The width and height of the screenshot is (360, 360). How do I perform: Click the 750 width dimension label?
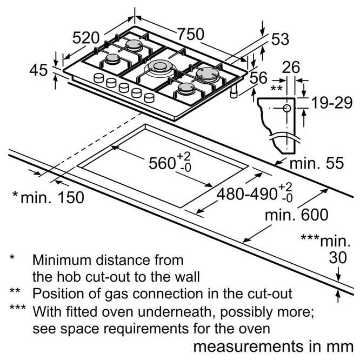pyautogui.click(x=191, y=34)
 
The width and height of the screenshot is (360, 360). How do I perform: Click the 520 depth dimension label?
pyautogui.click(x=86, y=38)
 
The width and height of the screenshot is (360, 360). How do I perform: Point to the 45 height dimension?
pyautogui.click(x=38, y=70)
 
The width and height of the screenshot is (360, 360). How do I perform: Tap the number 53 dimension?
pyautogui.click(x=280, y=39)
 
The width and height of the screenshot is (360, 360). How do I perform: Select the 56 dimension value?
pyautogui.click(x=258, y=77)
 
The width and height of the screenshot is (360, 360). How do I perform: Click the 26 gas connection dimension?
pyautogui.click(x=291, y=67)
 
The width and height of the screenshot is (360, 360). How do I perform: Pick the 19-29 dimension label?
pyautogui.click(x=332, y=103)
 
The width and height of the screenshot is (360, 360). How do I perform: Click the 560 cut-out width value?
pyautogui.click(x=162, y=163)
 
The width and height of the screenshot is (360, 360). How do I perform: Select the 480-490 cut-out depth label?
pyautogui.click(x=246, y=194)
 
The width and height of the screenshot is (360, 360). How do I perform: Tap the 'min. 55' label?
pyautogui.click(x=317, y=163)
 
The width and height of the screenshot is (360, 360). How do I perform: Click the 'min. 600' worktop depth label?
pyautogui.click(x=297, y=215)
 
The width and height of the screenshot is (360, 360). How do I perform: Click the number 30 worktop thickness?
pyautogui.click(x=338, y=257)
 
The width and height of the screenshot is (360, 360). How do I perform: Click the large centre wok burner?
pyautogui.click(x=159, y=68)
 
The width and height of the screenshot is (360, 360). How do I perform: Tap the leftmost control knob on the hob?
pyautogui.click(x=99, y=78)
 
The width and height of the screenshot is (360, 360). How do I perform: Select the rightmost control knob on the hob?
pyautogui.click(x=149, y=97)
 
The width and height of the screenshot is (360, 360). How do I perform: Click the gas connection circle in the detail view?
pyautogui.click(x=287, y=108)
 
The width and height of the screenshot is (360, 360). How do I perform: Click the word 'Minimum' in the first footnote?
pyautogui.click(x=62, y=260)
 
